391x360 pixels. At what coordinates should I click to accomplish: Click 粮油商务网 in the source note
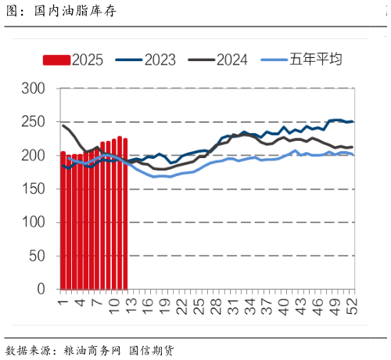(x=91, y=350)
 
